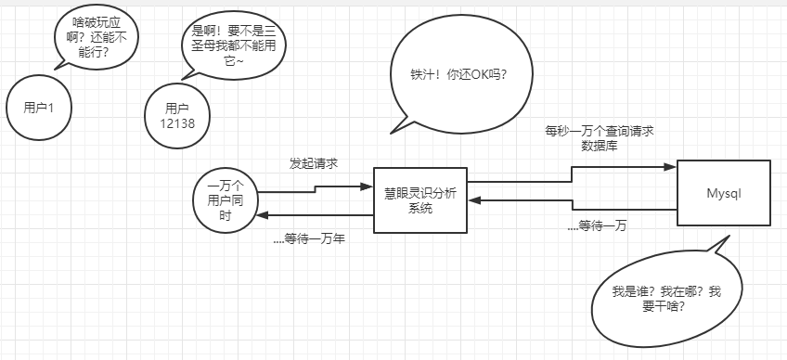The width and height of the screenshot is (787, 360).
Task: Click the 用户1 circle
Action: pos(38,108)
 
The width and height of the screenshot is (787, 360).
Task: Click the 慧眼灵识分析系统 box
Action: pos(420,199)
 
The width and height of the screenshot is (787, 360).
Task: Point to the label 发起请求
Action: pos(313,163)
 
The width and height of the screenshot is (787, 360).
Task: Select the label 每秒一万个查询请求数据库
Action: pos(600,139)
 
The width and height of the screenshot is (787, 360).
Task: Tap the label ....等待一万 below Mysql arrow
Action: pos(596,225)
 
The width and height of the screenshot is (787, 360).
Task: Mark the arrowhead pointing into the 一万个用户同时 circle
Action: pos(263,215)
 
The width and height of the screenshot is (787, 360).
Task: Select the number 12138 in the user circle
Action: pos(176,122)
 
